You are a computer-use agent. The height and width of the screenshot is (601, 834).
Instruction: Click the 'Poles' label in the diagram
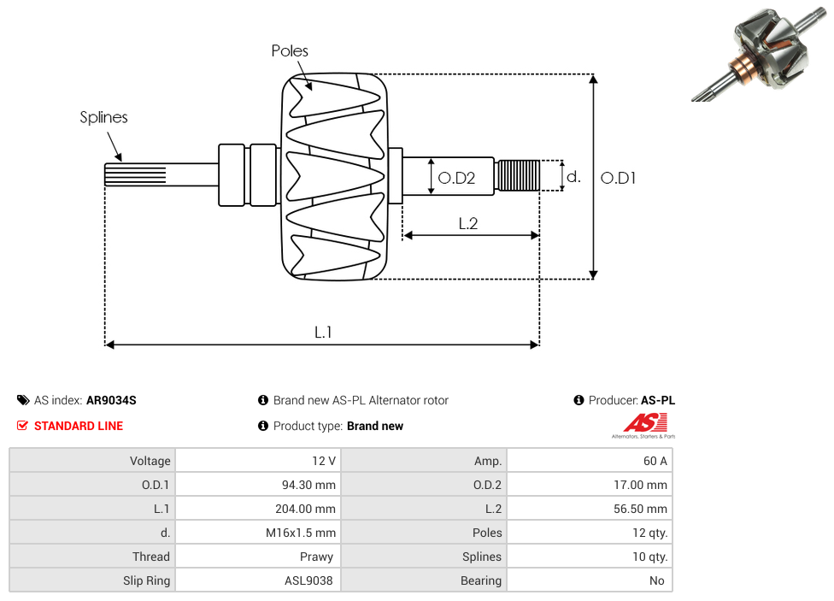point(290,51)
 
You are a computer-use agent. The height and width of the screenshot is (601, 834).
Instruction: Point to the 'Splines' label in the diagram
point(103,118)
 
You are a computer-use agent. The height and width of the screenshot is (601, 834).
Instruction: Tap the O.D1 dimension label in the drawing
point(619,178)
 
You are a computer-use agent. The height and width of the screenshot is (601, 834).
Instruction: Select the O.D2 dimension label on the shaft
point(455,178)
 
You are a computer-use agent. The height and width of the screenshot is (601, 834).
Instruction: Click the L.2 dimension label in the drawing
point(467,224)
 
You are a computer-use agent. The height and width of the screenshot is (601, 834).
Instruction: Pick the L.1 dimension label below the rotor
point(323,333)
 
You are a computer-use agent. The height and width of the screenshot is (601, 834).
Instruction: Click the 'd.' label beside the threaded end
point(574,177)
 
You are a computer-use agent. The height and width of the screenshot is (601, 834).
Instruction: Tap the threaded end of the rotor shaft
point(518,175)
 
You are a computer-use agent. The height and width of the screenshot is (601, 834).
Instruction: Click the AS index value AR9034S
point(111,400)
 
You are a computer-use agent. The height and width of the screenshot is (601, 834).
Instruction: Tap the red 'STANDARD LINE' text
point(78,426)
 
